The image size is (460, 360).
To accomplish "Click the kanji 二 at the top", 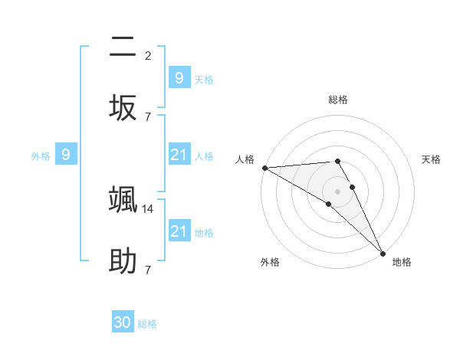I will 123,47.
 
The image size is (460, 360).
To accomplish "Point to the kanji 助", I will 123,260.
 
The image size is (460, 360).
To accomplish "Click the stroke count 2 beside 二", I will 148,55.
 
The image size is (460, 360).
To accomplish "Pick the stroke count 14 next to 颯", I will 149,208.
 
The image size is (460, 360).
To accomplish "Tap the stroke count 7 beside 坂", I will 148,116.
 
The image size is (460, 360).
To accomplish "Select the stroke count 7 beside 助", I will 148,270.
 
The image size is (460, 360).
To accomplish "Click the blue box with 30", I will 123,322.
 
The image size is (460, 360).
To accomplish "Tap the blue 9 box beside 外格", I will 66,155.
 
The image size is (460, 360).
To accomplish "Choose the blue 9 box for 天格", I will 179,77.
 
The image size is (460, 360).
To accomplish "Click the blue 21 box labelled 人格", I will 179,155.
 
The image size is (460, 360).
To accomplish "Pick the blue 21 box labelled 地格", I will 179,231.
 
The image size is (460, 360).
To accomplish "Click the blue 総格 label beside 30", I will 147,324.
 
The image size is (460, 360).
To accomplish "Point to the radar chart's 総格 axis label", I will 338,100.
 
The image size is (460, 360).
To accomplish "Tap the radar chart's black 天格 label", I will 432,159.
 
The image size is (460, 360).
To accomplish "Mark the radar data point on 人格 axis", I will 264,168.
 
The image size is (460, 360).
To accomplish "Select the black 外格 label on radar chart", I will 270,262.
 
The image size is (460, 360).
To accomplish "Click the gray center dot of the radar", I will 338,191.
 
